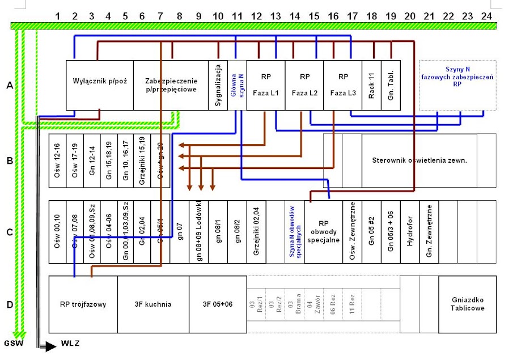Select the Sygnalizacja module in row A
tap(218, 85)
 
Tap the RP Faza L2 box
tap(304, 85)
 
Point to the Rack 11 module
tap(371, 85)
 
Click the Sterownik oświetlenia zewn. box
tap(419, 160)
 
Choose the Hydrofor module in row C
tap(410, 231)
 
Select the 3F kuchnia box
tap(152, 304)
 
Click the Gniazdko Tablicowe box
tap(467, 304)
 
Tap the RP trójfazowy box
tap(83, 304)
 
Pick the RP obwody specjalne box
tap(323, 231)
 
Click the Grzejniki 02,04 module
tap(256, 231)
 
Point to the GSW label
tap(14, 344)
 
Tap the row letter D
tap(10, 305)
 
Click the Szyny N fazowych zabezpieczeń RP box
tap(457, 85)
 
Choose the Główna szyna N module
tap(237, 85)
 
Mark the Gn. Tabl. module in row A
tap(391, 85)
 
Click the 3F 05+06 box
tap(218, 304)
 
